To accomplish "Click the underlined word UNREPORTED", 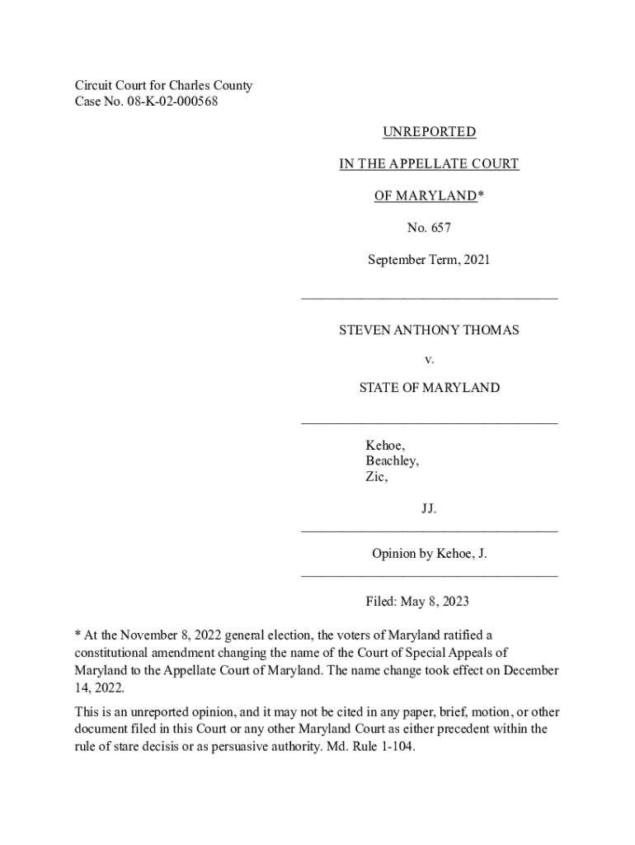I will tap(429, 132).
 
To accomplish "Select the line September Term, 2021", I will tap(429, 260).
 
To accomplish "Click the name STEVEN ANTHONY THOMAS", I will tap(429, 330).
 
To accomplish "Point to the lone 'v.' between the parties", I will tap(429, 359).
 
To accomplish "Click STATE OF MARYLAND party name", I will tap(429, 388).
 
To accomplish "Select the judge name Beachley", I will tap(392, 461).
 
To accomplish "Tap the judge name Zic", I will tap(376, 477).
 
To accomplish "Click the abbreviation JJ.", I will tap(429, 509).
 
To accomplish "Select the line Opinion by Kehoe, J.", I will tap(429, 554).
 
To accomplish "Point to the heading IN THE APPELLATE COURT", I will tap(429, 164).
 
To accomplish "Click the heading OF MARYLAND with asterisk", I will tap(429, 196).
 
